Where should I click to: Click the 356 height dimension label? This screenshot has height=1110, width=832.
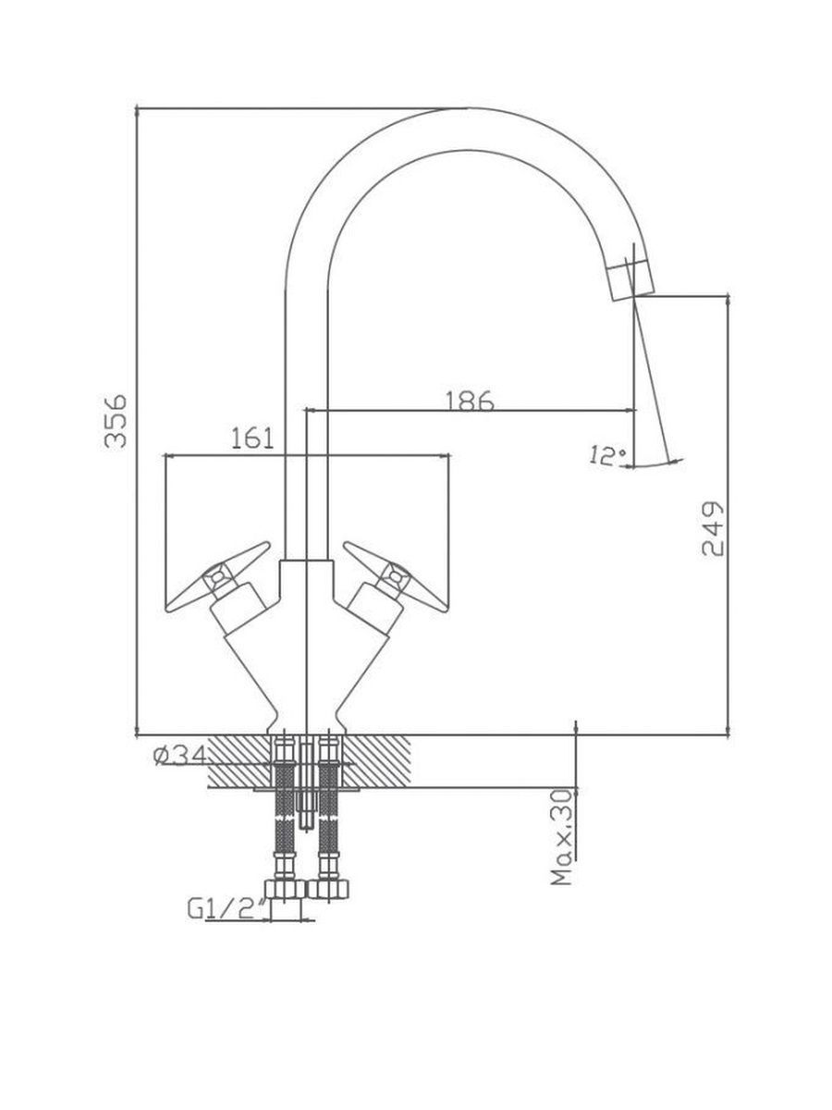(x=116, y=422)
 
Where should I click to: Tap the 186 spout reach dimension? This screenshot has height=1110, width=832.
(x=470, y=401)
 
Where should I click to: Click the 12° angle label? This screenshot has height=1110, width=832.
(x=607, y=456)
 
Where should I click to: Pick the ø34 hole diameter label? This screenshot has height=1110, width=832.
(x=180, y=757)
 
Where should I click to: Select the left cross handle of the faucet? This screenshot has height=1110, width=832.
(x=218, y=576)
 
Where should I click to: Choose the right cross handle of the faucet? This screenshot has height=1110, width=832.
(x=396, y=576)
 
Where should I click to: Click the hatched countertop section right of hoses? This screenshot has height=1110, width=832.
(x=375, y=761)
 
